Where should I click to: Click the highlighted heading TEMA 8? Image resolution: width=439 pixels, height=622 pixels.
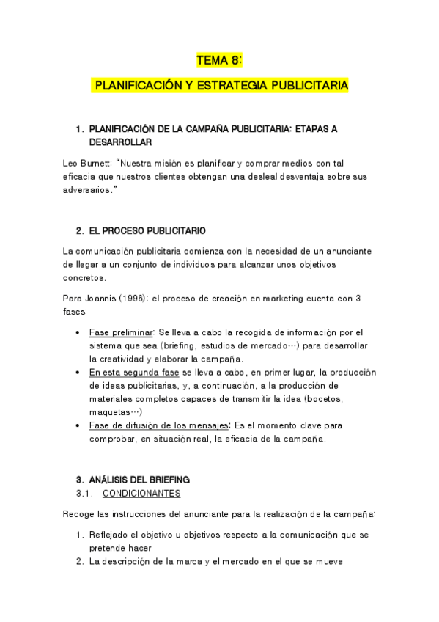(219, 62)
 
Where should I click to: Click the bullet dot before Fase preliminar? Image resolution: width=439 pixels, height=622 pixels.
(79, 332)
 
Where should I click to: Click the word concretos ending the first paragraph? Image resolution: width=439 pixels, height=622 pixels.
(86, 278)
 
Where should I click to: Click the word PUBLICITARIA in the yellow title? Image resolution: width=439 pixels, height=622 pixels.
(310, 87)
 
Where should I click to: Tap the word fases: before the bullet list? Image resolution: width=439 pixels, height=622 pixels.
(76, 311)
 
